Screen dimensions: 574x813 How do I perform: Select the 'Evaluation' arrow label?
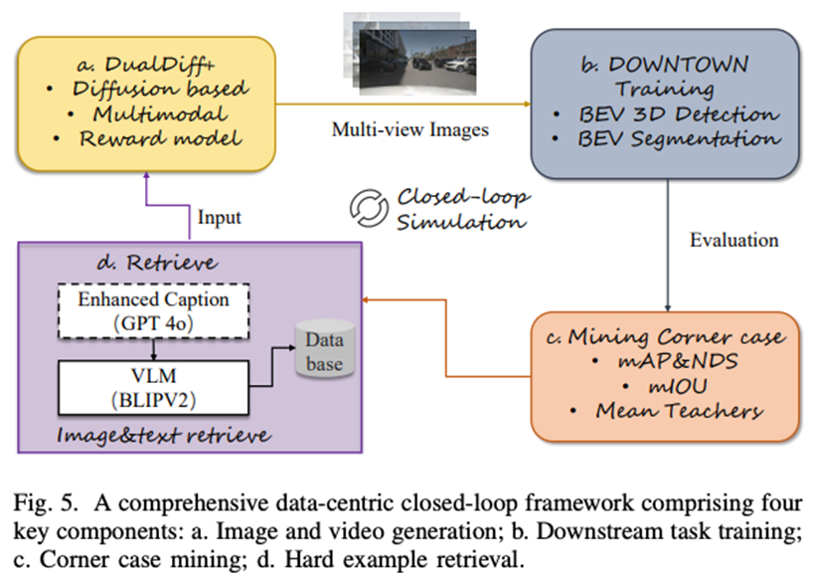click(735, 241)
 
